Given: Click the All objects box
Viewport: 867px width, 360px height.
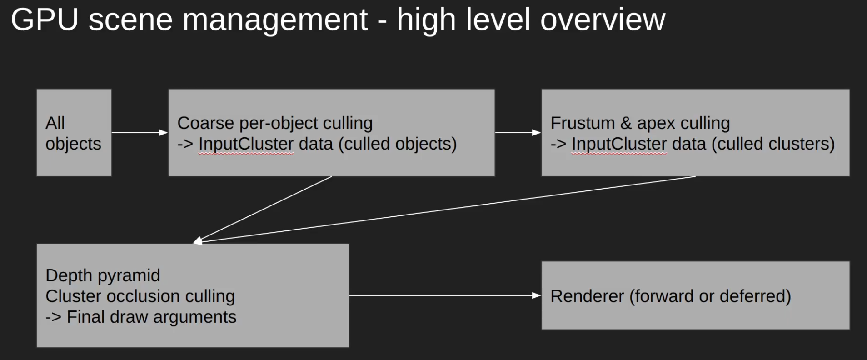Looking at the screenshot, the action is click(74, 132).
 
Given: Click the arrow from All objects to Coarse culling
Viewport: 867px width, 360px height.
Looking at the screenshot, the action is click(140, 133).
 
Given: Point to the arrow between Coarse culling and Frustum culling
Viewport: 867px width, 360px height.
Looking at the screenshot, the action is click(518, 133).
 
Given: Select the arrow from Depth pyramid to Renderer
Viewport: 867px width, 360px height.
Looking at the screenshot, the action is click(445, 295).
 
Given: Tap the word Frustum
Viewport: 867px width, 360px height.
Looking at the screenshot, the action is click(583, 123).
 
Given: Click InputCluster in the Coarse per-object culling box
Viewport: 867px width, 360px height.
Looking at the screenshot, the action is click(246, 144).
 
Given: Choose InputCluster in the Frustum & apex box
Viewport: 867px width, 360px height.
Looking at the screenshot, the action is click(619, 144).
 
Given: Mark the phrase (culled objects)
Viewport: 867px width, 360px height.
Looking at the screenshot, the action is click(397, 144).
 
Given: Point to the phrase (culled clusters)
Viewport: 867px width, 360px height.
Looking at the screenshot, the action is click(773, 144).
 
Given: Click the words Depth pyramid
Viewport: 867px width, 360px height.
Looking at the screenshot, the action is click(103, 275).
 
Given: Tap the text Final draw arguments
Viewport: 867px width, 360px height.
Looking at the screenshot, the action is click(151, 317).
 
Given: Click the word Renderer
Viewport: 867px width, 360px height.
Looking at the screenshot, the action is click(587, 296).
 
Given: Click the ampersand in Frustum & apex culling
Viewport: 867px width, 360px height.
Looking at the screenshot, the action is click(626, 123).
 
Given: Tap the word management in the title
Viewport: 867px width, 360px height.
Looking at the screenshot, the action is click(275, 20).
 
